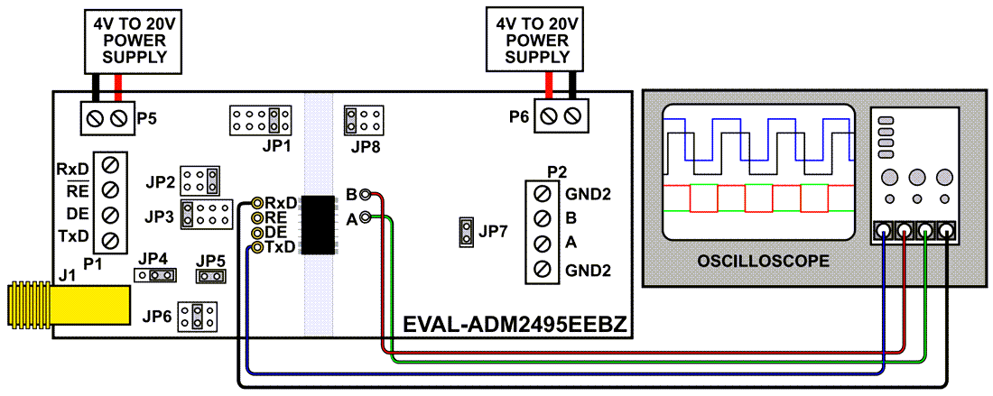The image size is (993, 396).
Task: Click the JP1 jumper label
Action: [x=260, y=144]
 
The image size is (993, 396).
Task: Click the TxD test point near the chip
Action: [x=257, y=247]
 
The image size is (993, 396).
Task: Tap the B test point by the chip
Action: [x=365, y=194]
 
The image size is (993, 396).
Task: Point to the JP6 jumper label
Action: [x=157, y=316]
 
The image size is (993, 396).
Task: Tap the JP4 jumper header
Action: [x=153, y=275]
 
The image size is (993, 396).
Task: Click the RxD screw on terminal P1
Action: [x=110, y=166]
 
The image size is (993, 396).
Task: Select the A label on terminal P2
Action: [x=571, y=244]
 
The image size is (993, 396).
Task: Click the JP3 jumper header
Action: [x=207, y=214]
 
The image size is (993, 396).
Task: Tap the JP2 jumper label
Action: [x=160, y=181]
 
